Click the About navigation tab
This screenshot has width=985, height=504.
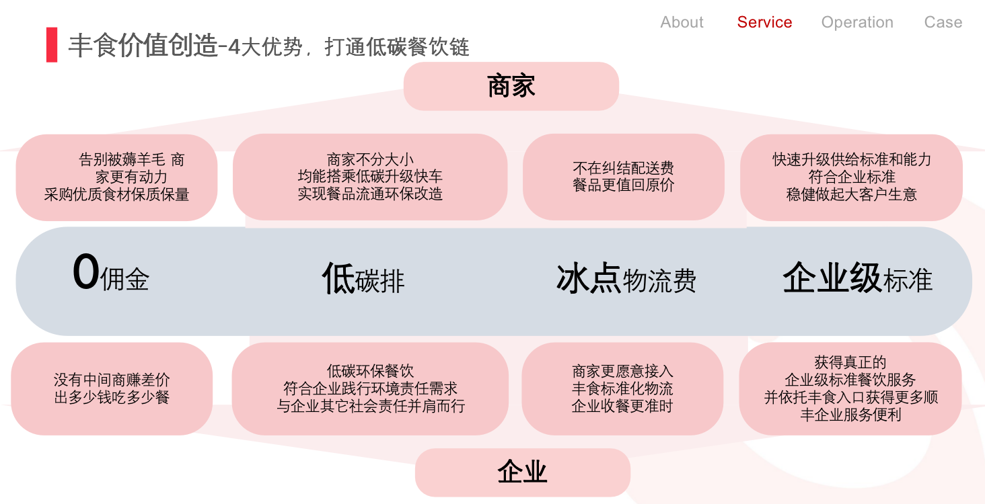pyautogui.click(x=682, y=22)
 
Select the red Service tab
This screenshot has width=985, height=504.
pyautogui.click(x=764, y=22)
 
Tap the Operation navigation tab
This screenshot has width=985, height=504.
pyautogui.click(x=857, y=22)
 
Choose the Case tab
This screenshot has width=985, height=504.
pyautogui.click(x=943, y=22)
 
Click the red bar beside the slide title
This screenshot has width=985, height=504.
pyautogui.click(x=52, y=45)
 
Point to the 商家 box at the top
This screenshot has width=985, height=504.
pyautogui.click(x=511, y=86)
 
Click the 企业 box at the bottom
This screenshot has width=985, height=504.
pyautogui.click(x=522, y=472)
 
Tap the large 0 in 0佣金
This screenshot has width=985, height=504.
pyautogui.click(x=86, y=272)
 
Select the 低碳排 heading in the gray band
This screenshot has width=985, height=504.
pyautogui.click(x=363, y=278)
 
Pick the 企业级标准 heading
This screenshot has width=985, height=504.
pyautogui.click(x=857, y=278)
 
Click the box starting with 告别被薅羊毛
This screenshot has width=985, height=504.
pyautogui.click(x=116, y=177)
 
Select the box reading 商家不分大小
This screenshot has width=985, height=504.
pyautogui.click(x=370, y=177)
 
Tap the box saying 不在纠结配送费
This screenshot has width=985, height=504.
pyautogui.click(x=623, y=177)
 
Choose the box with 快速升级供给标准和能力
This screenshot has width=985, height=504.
pyautogui.click(x=851, y=177)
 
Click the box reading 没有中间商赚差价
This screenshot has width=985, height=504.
pyautogui.click(x=112, y=389)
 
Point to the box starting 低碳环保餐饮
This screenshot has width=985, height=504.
pyautogui.click(x=370, y=389)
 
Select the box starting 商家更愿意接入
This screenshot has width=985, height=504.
pyautogui.click(x=622, y=389)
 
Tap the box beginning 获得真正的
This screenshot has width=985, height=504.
pyautogui.click(x=850, y=389)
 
